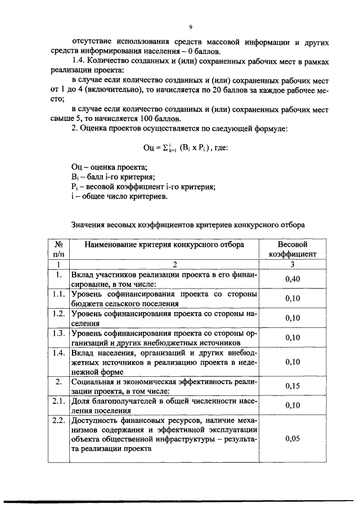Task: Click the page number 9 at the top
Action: [191, 26]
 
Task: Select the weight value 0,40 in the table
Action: [292, 280]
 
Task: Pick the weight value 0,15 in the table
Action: [292, 386]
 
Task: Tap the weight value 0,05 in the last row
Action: [292, 439]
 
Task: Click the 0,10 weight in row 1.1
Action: [292, 299]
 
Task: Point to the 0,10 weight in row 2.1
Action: [292, 405]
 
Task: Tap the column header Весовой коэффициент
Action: [292, 250]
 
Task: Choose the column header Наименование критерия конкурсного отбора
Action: [164, 245]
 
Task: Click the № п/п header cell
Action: [58, 250]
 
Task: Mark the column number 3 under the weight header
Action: [292, 264]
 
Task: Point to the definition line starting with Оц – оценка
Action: [109, 168]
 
